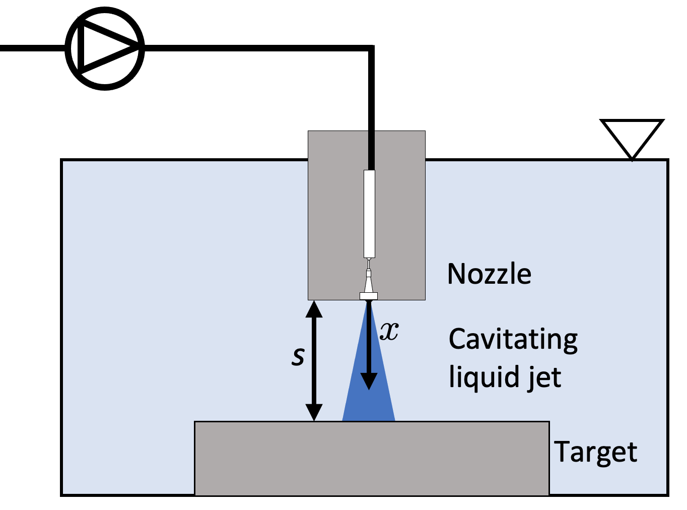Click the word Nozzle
pyautogui.click(x=489, y=274)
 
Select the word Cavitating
pyautogui.click(x=513, y=340)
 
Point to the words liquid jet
pyautogui.click(x=505, y=377)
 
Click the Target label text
pyautogui.click(x=595, y=452)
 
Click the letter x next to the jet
pyautogui.click(x=389, y=331)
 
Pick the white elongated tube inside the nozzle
pyautogui.click(x=369, y=214)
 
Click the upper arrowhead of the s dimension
pyautogui.click(x=314, y=308)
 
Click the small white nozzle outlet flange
pyautogui.click(x=369, y=296)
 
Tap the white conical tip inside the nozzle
pyautogui.click(x=369, y=282)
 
